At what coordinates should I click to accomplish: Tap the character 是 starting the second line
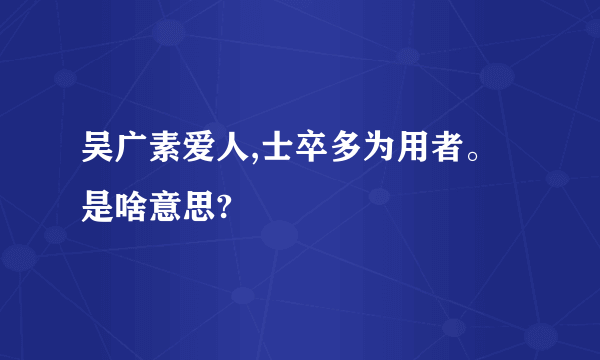pyautogui.click(x=98, y=210)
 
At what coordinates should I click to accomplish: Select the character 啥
pyautogui.click(x=132, y=210)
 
